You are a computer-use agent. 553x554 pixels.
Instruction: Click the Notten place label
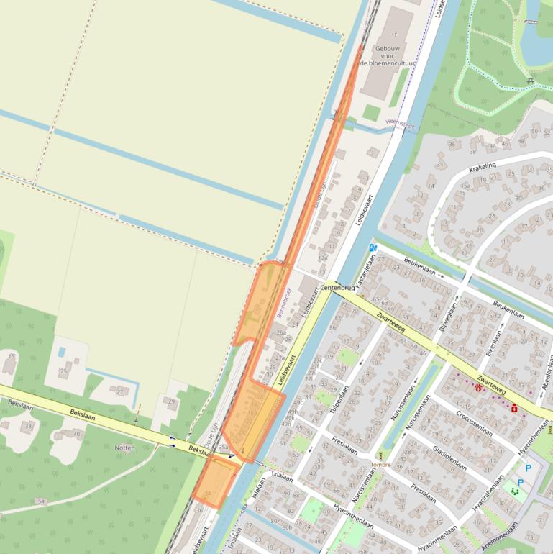tap(124, 448)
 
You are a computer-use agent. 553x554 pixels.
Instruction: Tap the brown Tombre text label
tap(380, 465)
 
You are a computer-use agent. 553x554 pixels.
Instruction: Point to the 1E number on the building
tap(393, 35)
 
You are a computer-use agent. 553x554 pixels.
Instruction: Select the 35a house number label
tap(223, 447)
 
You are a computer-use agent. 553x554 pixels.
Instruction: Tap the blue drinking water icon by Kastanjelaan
tap(373, 248)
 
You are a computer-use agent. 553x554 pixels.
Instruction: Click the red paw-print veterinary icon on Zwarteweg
tap(477, 387)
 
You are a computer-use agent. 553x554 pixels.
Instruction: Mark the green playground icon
tap(514, 491)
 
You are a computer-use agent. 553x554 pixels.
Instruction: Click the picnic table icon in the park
tap(531, 81)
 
